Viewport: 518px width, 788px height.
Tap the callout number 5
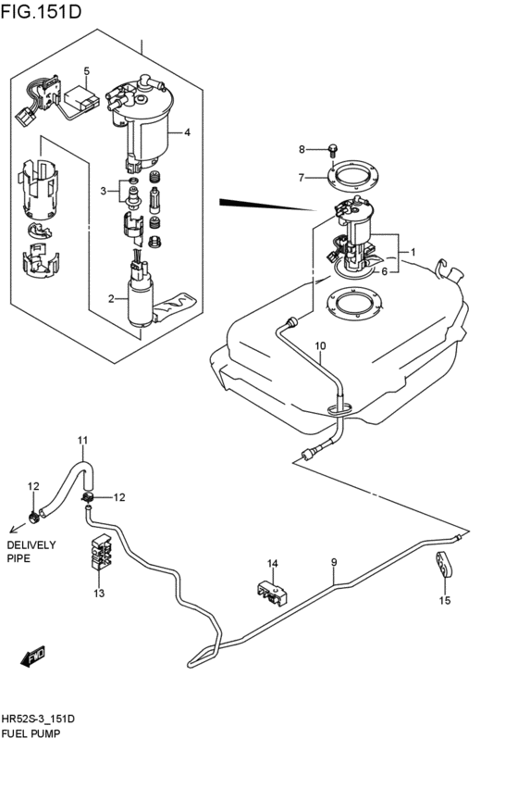[86, 71]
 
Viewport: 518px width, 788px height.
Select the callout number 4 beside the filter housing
[187, 132]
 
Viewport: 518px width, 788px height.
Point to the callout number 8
[301, 149]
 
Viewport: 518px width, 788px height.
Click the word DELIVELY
[32, 544]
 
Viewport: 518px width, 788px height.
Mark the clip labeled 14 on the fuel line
[272, 593]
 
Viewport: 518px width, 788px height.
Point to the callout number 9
[334, 562]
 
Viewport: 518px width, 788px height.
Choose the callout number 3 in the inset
[105, 191]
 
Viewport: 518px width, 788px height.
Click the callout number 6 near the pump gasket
[385, 271]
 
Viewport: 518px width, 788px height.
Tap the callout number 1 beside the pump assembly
[413, 252]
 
